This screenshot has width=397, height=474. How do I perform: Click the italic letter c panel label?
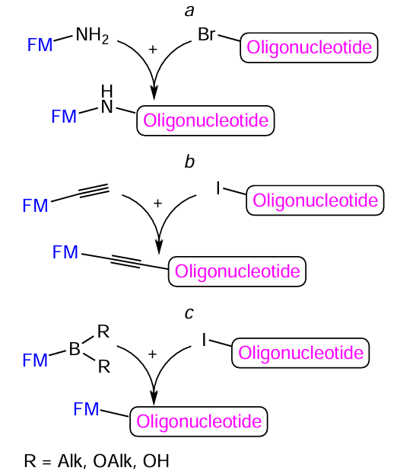189,312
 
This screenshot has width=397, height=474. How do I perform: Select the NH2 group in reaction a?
92,35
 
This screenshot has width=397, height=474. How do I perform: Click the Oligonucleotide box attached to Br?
308,49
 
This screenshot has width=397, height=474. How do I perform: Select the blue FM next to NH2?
40,45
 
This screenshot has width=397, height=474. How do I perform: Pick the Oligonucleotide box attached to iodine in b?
315,200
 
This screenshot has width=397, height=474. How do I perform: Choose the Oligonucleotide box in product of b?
237,271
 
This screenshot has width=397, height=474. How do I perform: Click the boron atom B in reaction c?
75,350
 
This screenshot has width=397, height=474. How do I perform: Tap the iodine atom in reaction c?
205,338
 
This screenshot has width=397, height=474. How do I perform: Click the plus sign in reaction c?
152,354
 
